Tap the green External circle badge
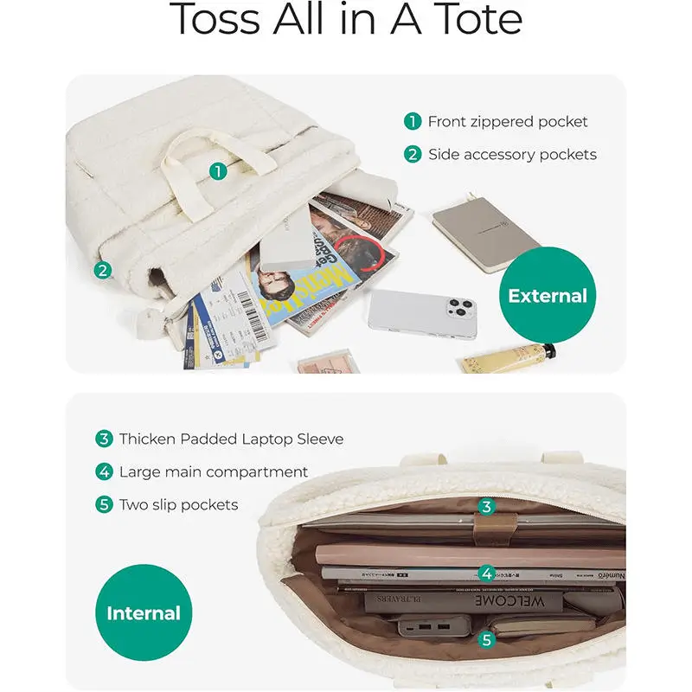tap(547, 296)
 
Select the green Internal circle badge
tap(144, 613)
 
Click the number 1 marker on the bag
tap(218, 170)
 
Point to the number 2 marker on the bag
tap(103, 270)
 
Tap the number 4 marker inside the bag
tap(487, 573)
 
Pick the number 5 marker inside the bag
tap(487, 640)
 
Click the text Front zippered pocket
tap(508, 122)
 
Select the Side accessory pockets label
tap(512, 155)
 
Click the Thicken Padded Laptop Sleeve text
tap(231, 439)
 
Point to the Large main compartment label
tap(214, 472)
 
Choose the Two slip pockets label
tap(178, 504)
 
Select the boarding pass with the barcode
tap(227, 316)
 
